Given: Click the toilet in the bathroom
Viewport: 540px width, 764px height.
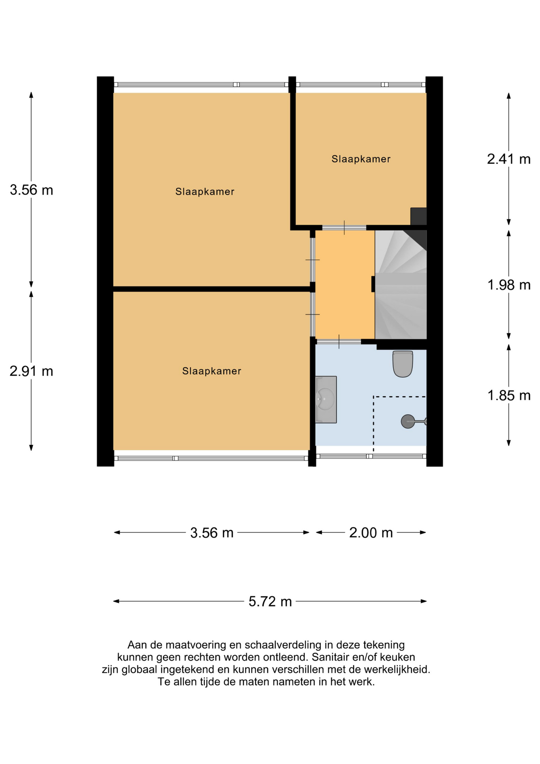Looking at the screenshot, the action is tap(402, 363).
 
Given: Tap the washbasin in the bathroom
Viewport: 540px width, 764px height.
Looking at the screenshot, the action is tap(326, 400).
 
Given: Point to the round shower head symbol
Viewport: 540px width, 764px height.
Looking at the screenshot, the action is tap(408, 421).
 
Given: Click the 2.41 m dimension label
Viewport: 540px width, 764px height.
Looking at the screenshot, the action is tap(509, 159).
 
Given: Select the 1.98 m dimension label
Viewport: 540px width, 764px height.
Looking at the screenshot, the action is tap(509, 285).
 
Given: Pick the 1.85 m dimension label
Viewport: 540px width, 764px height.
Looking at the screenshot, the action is tap(509, 396).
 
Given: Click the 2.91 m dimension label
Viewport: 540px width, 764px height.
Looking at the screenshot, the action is tap(31, 371).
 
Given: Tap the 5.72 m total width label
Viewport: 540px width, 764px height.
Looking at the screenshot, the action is tap(270, 601).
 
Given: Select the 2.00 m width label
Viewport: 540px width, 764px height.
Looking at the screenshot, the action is tap(371, 532).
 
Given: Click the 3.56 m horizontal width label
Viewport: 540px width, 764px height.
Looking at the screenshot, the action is tap(212, 532).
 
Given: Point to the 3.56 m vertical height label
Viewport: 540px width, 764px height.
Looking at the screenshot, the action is tap(31, 190).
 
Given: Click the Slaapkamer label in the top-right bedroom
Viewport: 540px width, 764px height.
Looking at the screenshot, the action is tap(361, 159).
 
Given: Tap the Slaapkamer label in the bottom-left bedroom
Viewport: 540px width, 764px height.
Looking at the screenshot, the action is tap(212, 371).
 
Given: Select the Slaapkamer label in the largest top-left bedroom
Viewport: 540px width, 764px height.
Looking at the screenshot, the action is tap(205, 192).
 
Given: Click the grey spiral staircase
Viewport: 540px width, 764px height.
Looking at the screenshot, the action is tap(401, 285).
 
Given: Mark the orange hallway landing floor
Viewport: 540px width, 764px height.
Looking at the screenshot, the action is tap(345, 285).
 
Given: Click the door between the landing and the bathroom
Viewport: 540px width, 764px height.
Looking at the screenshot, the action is tap(338, 341).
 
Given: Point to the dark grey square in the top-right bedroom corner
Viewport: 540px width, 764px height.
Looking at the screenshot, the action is tap(418, 216).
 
